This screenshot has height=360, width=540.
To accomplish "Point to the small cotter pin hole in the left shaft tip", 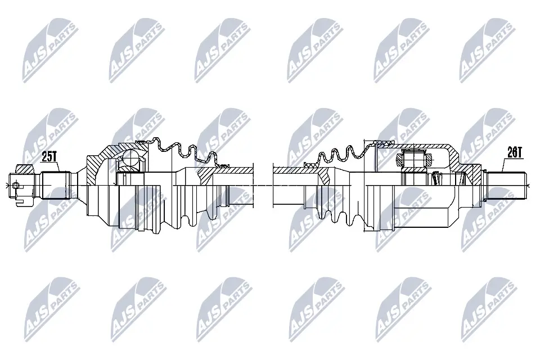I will tap(15, 185).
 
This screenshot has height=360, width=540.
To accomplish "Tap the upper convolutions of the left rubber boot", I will tap(180, 149).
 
